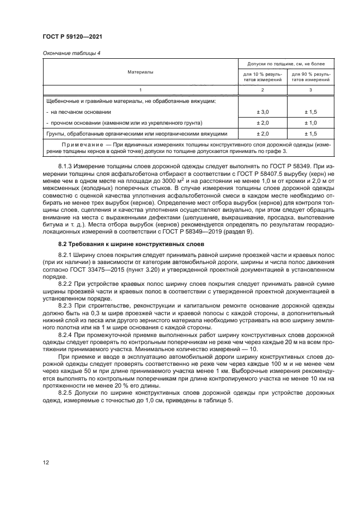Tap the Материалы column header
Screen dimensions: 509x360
point(141,72)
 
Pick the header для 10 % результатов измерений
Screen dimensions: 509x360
point(263,77)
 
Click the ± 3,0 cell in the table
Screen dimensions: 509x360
point(263,112)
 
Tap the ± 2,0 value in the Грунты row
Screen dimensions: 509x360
point(263,134)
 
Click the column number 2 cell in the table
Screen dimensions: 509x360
point(263,90)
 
